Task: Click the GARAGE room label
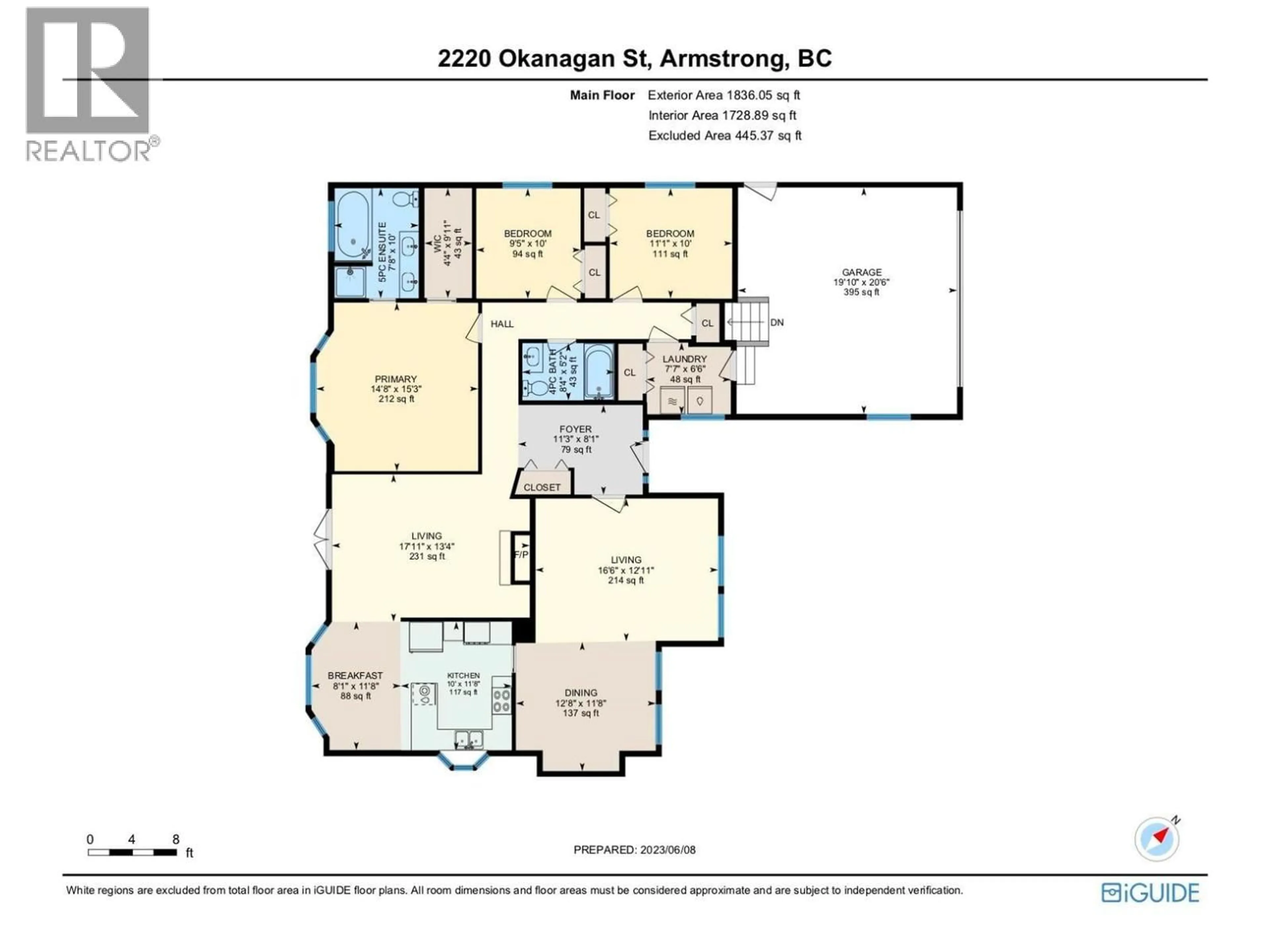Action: coord(861,273)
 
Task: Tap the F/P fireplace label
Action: coord(521,555)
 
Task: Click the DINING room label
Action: coord(580,693)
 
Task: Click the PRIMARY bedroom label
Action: coord(396,379)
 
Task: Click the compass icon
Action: coord(1156,839)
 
